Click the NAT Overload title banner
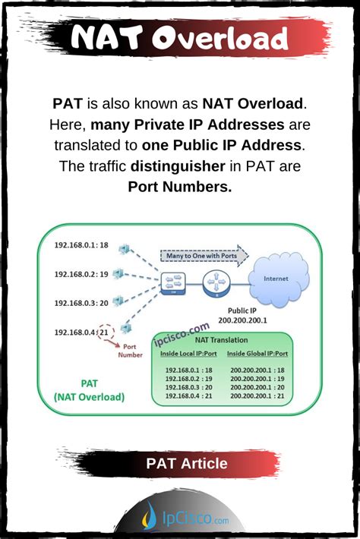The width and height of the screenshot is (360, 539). [179, 39]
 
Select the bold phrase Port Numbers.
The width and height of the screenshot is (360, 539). [179, 186]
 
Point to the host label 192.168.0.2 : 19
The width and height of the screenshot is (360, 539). [81, 274]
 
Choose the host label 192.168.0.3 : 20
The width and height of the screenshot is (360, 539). [81, 302]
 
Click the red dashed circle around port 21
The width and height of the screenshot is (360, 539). [104, 331]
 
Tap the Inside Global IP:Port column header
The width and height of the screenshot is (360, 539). [258, 355]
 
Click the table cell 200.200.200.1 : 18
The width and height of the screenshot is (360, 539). [257, 370]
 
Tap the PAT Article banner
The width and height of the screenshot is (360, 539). [187, 462]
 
